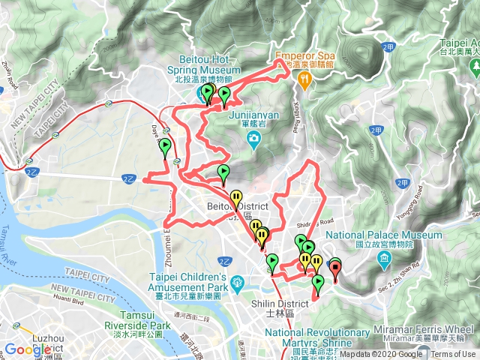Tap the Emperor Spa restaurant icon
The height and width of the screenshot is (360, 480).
point(304,80)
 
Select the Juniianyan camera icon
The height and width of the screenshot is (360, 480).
point(255,137)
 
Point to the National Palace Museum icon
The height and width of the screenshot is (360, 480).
point(385,260)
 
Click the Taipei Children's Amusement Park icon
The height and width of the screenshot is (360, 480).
point(237,283)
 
